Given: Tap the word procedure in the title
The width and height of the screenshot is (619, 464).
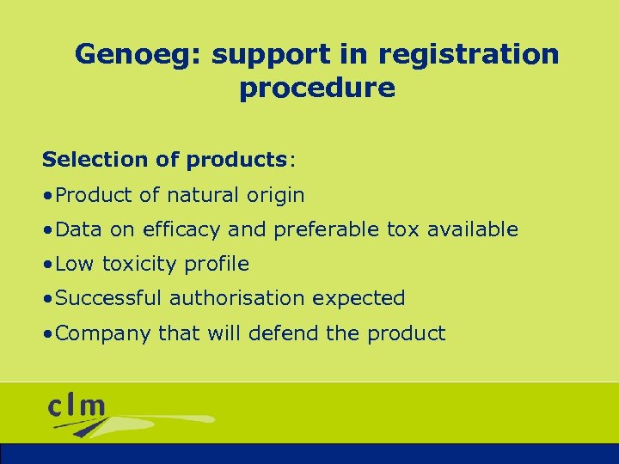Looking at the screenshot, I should (317, 88).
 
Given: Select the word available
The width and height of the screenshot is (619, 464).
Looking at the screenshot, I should (472, 229).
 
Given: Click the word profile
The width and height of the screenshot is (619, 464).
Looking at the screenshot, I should (218, 264).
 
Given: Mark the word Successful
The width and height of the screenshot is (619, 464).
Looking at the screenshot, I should (108, 298).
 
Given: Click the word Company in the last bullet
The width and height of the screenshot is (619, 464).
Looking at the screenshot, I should (103, 333).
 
